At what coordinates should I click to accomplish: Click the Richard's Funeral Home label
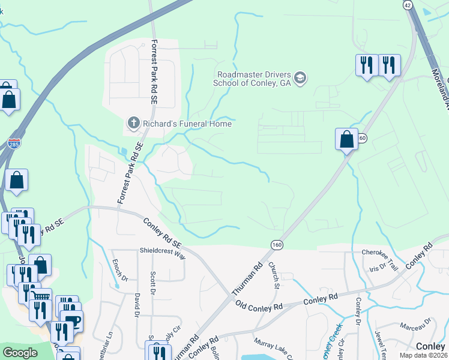click(187, 124)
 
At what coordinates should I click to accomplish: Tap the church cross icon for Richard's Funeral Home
click(134, 124)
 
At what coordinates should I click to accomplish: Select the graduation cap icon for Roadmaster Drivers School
click(300, 79)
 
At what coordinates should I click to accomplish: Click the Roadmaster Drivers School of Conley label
click(253, 79)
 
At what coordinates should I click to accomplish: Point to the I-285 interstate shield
click(14, 144)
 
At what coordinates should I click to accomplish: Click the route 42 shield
click(408, 4)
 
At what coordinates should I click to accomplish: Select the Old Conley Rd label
click(259, 306)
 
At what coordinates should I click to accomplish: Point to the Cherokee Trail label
click(380, 253)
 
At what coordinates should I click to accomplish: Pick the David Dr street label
click(137, 305)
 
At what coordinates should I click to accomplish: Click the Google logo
click(20, 353)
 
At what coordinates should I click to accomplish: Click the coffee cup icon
click(71, 321)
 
